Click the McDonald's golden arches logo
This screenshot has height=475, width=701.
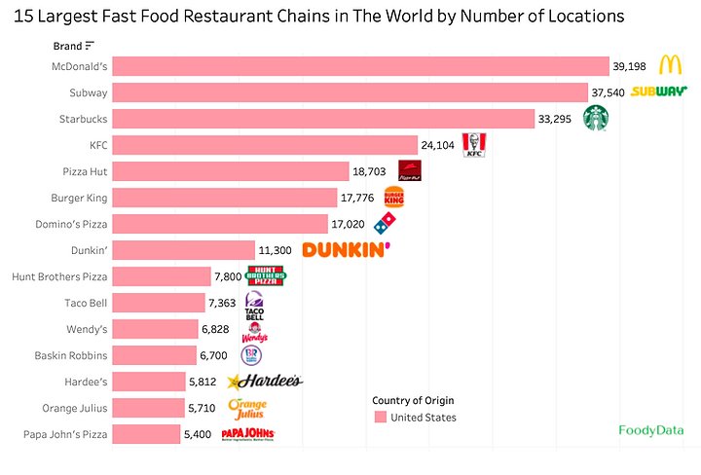(669, 65)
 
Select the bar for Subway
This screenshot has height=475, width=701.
(350, 92)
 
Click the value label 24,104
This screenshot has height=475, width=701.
(439, 145)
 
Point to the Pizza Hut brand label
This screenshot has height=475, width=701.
(83, 171)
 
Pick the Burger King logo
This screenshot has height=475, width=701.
(393, 198)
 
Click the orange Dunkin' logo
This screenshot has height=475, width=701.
(347, 250)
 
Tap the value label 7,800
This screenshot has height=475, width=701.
(228, 276)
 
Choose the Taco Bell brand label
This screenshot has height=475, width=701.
(85, 303)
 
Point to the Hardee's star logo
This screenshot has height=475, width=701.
(264, 382)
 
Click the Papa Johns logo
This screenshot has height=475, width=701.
(248, 433)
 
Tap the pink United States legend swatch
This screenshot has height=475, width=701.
(381, 418)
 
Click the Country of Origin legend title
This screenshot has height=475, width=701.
(413, 400)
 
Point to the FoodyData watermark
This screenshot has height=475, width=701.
(650, 429)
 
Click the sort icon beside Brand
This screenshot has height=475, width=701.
(90, 46)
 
